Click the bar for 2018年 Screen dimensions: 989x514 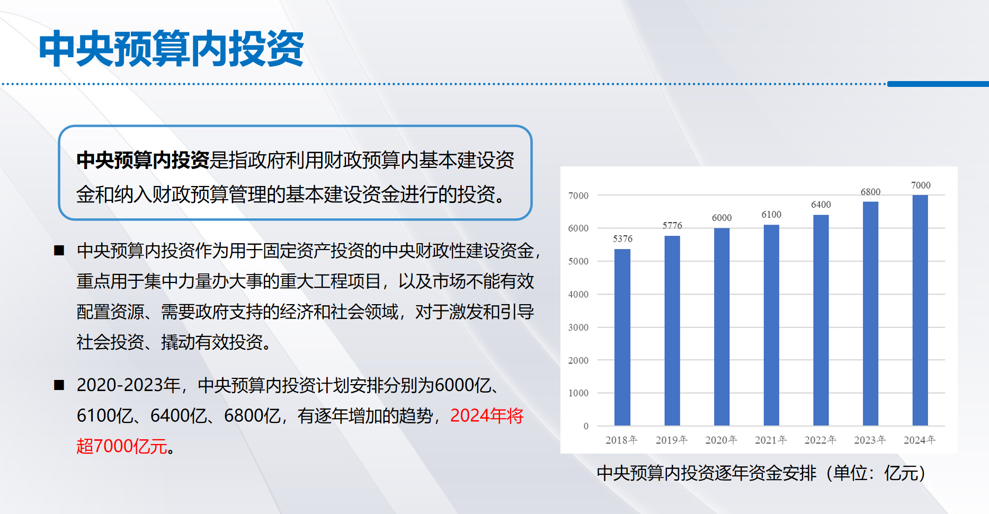[x=622, y=337]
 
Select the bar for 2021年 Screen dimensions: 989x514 [x=771, y=325]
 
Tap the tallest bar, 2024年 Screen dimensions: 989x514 [x=920, y=310]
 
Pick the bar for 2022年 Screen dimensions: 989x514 [x=821, y=320]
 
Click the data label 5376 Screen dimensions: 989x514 [x=623, y=239]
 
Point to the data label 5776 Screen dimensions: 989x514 [x=672, y=226]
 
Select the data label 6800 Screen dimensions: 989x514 [x=870, y=192]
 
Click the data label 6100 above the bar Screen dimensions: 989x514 [x=771, y=215]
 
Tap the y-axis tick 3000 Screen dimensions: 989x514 [x=578, y=327]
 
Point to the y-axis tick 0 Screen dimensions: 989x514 [x=586, y=426]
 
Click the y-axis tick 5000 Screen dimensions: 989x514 [x=578, y=261]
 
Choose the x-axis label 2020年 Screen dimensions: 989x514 [x=721, y=440]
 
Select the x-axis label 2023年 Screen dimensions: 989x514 [x=870, y=440]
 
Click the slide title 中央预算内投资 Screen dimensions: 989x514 [x=171, y=49]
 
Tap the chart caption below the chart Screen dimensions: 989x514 [x=761, y=473]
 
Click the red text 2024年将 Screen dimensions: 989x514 [x=487, y=416]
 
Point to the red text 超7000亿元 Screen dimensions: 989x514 [x=122, y=446]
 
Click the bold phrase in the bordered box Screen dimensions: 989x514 [x=143, y=160]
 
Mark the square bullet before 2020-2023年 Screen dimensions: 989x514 [x=59, y=385]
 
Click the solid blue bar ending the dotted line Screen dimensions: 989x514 [x=938, y=84]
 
